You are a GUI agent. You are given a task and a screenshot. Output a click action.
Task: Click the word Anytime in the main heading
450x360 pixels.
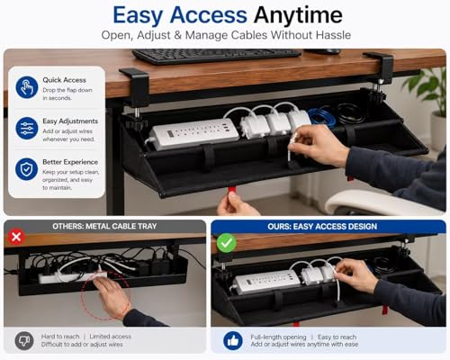(298, 15)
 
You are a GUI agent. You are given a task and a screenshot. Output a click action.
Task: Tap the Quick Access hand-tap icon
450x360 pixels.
(27, 87)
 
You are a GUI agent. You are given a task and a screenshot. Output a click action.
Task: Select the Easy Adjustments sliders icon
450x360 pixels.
(27, 128)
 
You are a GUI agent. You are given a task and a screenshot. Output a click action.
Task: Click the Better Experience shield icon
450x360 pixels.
(27, 169)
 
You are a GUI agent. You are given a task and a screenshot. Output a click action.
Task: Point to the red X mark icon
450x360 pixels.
(16, 237)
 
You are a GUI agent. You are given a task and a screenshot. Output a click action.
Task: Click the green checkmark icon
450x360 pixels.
(226, 243)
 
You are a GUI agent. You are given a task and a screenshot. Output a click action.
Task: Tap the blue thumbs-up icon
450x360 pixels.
(233, 340)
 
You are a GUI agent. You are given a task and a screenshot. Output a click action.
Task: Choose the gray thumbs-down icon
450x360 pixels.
(24, 340)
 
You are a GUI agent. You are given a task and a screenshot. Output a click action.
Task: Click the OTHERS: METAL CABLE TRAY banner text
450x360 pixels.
(104, 226)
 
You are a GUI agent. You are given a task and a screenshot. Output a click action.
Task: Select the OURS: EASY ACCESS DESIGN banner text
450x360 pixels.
(322, 227)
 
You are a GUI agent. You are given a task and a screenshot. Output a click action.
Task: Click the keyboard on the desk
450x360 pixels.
(216, 56)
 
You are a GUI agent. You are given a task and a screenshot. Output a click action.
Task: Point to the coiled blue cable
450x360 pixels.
(323, 115)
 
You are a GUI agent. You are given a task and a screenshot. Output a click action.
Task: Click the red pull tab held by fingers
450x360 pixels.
(231, 192)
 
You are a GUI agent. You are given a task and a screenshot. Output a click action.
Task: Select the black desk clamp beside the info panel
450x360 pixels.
(136, 88)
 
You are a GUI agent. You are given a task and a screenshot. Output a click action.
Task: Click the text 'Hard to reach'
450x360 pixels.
(60, 337)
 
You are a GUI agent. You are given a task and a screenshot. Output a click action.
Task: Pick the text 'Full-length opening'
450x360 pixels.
(278, 337)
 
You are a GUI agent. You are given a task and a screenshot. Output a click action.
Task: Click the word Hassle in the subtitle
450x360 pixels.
(333, 35)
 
